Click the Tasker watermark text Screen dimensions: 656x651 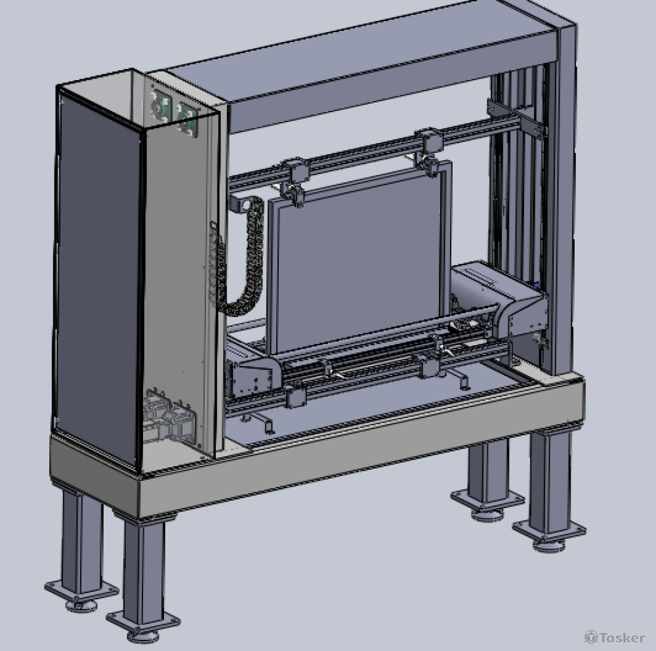pyautogui.click(x=615, y=637)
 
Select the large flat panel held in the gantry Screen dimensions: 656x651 pyautogui.click(x=359, y=261)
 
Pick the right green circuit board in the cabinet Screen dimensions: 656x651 pyautogui.click(x=186, y=119)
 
